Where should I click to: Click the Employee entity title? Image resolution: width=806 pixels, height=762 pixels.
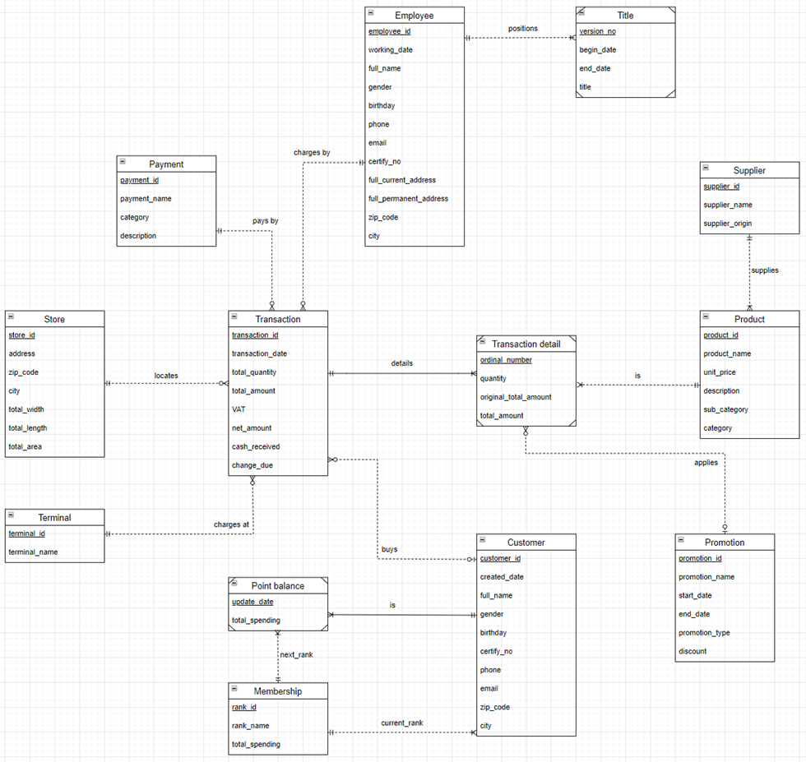414,16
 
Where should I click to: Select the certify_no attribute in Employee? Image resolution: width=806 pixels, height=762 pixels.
385,161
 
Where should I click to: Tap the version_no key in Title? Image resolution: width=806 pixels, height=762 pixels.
597,31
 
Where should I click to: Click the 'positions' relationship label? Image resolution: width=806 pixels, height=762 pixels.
523,29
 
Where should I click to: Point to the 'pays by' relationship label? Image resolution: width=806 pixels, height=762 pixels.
265,220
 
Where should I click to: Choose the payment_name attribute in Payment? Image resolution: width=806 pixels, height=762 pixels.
146,199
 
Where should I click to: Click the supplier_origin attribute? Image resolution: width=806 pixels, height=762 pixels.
727,224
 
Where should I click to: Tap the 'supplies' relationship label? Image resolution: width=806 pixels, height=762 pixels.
765,270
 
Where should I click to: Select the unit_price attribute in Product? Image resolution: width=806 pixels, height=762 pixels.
719,372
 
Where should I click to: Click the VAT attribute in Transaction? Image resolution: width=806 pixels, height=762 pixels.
239,409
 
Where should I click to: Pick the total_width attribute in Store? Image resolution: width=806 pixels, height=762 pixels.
26,409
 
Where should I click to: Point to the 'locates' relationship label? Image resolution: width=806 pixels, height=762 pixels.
166,376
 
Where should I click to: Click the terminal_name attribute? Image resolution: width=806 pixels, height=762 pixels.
33,552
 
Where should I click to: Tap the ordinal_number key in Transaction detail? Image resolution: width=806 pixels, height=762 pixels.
506,360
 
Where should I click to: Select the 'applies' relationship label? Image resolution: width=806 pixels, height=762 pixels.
706,463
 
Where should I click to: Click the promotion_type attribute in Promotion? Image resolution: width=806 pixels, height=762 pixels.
704,632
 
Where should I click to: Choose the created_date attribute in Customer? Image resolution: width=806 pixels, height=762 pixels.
502,577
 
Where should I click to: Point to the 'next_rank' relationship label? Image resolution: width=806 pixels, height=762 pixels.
296,654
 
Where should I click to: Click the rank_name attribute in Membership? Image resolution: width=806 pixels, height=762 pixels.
250,726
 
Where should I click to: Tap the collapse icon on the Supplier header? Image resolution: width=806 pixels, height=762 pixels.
706,168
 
